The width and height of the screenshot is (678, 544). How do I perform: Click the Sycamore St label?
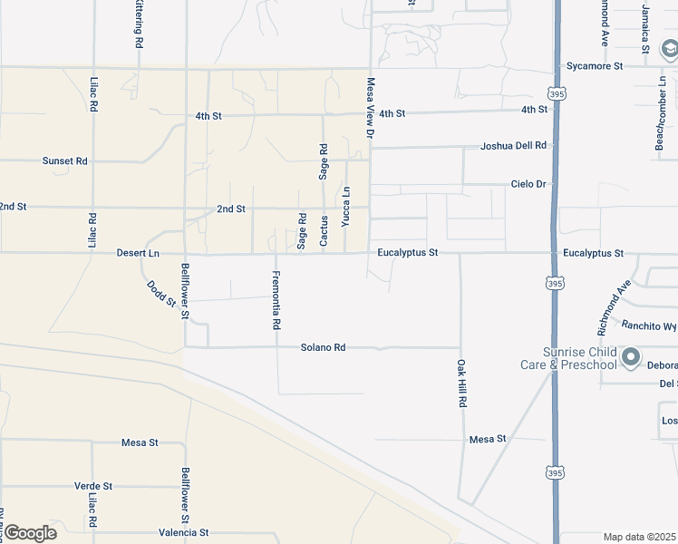coord(595,66)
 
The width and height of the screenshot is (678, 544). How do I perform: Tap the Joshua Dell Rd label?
coord(514,145)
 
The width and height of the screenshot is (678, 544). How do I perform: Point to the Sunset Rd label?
coord(64,160)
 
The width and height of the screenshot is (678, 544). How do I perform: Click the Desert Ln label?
coord(138,253)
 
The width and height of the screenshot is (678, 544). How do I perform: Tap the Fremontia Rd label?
coord(276,299)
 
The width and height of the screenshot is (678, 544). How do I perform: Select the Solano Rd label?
coord(324,347)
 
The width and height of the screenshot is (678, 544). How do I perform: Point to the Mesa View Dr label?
coord(370,107)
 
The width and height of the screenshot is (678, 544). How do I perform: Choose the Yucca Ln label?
coord(346,206)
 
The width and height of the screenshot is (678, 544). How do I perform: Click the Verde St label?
coord(93,486)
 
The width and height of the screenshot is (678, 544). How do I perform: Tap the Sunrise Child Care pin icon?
coord(632,357)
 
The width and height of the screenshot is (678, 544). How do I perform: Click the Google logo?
coord(29,533)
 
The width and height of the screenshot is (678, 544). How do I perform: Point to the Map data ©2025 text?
coord(640,537)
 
